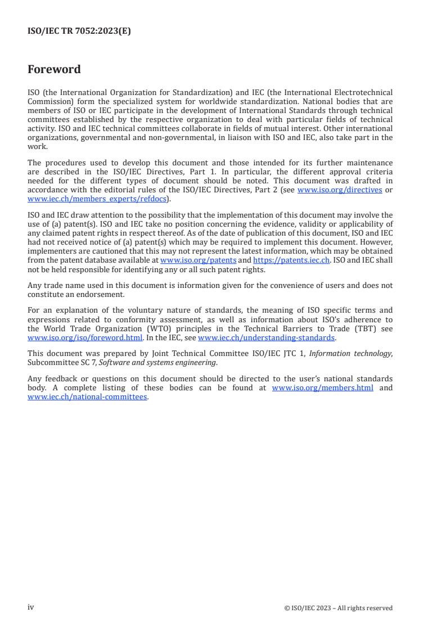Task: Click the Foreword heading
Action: tap(54, 70)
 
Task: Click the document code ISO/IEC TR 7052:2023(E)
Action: tap(79, 31)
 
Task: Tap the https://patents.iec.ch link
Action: tap(291, 260)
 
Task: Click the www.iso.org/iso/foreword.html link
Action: tap(85, 338)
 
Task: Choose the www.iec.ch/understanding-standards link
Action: tap(267, 338)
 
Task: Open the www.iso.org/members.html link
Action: tap(322, 388)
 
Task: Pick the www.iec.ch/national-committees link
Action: tap(87, 396)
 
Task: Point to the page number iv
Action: tap(30, 607)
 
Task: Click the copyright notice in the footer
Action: tap(339, 608)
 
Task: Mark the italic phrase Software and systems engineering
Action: tap(157, 363)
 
